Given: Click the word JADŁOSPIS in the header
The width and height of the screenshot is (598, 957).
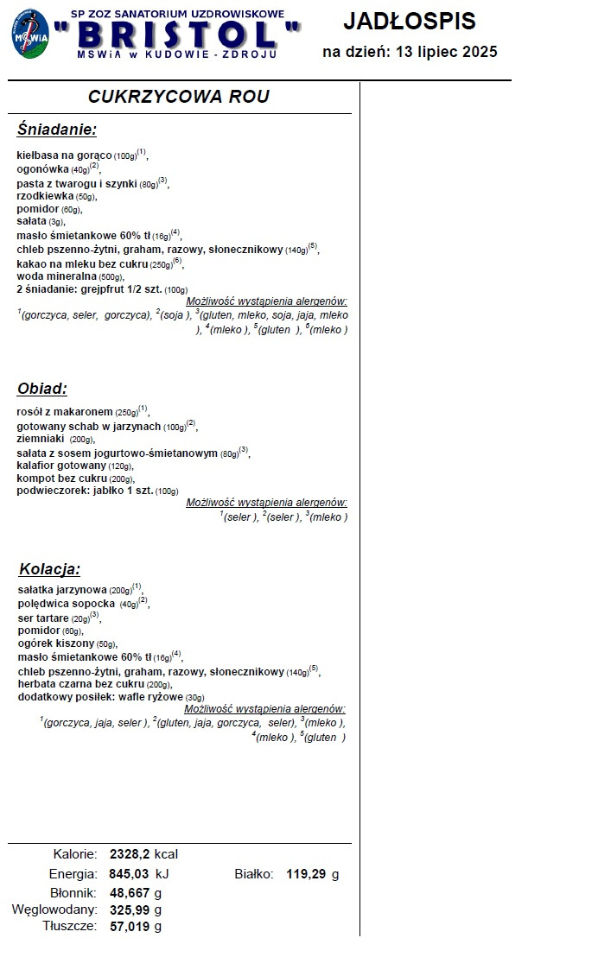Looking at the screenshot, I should [x=410, y=21].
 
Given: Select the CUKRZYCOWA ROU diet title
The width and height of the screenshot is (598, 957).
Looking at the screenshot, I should [x=179, y=96].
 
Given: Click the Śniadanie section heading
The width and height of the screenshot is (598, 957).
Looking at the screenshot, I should [x=57, y=130].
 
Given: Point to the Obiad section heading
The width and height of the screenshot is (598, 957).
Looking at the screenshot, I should [x=42, y=388].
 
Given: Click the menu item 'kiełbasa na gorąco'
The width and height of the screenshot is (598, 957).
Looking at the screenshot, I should [x=64, y=155].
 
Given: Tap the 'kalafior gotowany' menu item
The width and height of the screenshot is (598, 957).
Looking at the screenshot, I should [x=61, y=465].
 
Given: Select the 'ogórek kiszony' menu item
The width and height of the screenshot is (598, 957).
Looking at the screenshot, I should [x=55, y=643].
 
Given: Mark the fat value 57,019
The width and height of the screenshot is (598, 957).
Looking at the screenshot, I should [x=130, y=927].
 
